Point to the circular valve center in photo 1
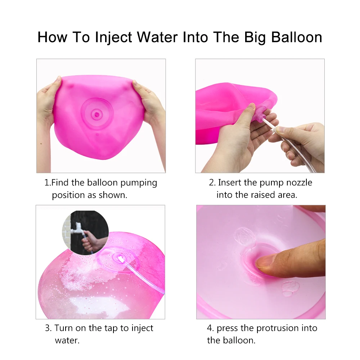click(96, 114)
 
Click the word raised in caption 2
click(263, 195)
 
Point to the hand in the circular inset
click(92, 242)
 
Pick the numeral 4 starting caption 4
click(209, 328)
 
